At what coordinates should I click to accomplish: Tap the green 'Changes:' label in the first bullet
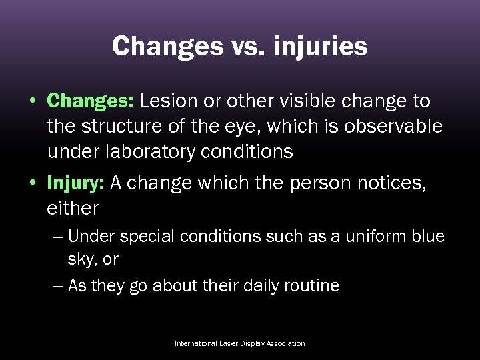[x=91, y=101]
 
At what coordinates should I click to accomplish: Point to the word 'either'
[x=73, y=209]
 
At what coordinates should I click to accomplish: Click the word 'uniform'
[x=367, y=237]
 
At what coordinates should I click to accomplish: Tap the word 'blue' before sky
[x=426, y=237]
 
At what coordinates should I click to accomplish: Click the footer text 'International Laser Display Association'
[x=240, y=343]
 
